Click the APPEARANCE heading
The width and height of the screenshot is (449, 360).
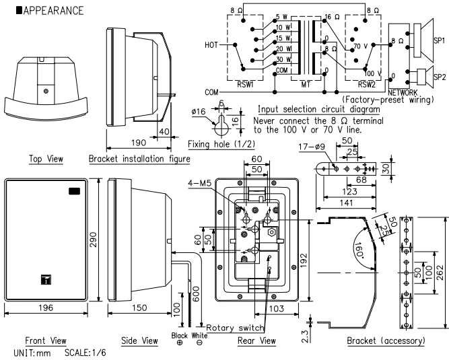[50, 11]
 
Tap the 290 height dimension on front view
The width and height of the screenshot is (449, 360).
[94, 240]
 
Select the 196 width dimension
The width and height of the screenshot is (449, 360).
[46, 308]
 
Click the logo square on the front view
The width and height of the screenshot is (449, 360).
[46, 279]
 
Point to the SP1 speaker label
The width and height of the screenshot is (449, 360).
[440, 40]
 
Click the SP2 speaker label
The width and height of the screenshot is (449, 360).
[440, 77]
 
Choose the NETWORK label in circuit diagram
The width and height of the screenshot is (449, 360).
[403, 92]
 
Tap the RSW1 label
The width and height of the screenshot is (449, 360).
[246, 84]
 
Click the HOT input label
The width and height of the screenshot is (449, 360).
[211, 45]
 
